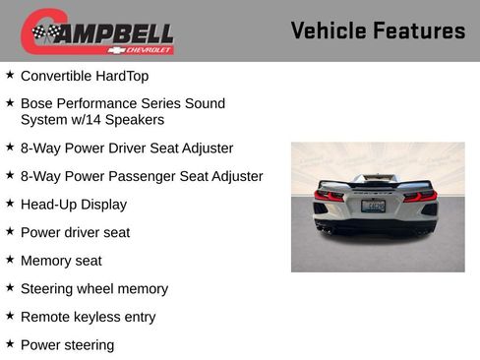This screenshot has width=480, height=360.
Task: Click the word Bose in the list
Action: click(37, 103)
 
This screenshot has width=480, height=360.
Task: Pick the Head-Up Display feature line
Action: click(73, 205)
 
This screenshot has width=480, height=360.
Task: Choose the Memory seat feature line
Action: click(61, 261)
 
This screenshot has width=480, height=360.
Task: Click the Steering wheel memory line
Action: click(93, 289)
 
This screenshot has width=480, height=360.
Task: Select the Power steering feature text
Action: click(67, 345)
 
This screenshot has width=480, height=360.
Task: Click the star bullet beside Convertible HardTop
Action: click(10, 75)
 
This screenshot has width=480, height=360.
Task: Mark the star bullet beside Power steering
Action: click(10, 344)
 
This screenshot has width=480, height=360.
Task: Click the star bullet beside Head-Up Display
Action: click(10, 204)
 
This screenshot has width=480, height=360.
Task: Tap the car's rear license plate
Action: click(373, 206)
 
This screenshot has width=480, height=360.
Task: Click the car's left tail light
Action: click(329, 195)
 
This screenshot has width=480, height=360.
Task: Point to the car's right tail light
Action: click(419, 196)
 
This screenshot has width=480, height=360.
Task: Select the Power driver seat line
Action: click(75, 233)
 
